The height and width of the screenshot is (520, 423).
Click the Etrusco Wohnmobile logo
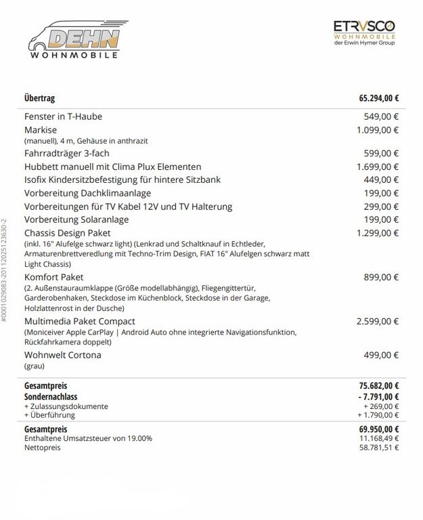click(364, 32)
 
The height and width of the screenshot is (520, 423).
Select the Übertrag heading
click(39, 98)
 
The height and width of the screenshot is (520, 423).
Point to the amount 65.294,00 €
click(378, 98)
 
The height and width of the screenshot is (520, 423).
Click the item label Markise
click(41, 130)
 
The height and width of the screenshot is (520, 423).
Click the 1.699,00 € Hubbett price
click(378, 167)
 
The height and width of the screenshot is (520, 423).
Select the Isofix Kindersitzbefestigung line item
click(122, 179)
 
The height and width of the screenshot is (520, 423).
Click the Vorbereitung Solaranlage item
click(76, 219)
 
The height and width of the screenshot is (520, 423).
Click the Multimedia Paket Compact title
click(79, 321)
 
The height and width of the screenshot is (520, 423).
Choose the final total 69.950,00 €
click(378, 429)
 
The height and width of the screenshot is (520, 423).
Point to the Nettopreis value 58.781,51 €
click(380, 448)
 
